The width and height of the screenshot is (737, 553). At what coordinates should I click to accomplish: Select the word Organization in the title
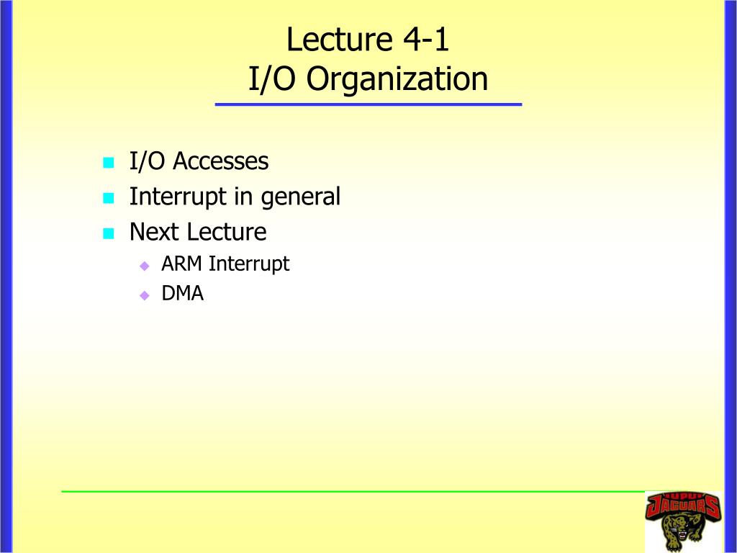click(397, 79)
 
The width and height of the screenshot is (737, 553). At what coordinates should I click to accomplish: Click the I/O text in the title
click(271, 78)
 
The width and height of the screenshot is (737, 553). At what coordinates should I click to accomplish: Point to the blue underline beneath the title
click(368, 104)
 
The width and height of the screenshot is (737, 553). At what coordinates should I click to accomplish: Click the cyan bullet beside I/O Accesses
click(109, 163)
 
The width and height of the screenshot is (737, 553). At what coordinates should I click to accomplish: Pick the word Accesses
click(220, 161)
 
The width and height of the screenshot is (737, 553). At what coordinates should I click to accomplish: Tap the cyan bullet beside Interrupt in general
click(109, 198)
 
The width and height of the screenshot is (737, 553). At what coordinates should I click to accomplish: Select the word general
click(300, 197)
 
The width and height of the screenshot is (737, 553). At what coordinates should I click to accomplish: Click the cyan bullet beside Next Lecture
click(109, 233)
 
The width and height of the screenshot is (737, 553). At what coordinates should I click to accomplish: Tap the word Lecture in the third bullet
click(227, 232)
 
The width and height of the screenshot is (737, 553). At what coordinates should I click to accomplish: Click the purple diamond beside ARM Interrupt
click(145, 266)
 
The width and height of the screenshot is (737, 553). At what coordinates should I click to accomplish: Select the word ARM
click(181, 264)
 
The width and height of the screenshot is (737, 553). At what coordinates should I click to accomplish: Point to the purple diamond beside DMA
click(145, 295)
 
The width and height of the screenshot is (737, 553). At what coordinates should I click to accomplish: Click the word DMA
click(182, 294)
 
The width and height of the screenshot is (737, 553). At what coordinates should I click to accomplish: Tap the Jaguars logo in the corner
click(683, 521)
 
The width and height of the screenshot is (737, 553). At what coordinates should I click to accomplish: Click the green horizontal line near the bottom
click(353, 491)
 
